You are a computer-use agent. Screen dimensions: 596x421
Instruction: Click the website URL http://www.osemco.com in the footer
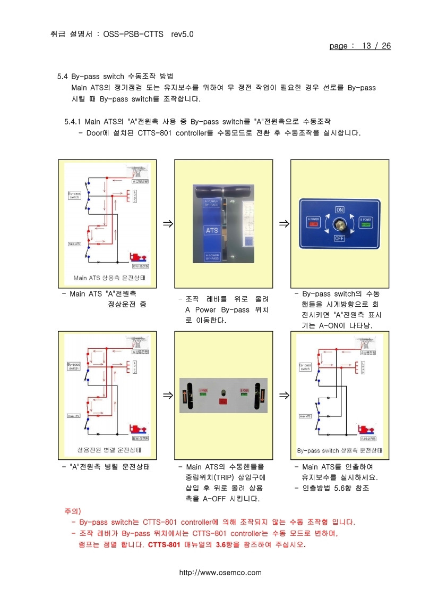coord(220,573)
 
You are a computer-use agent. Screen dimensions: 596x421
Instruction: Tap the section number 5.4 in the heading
coord(63,76)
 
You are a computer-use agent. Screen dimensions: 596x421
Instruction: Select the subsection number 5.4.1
coord(72,122)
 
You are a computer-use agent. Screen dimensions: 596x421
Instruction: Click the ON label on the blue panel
coord(340,209)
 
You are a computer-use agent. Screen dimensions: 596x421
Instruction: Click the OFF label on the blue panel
coord(340,239)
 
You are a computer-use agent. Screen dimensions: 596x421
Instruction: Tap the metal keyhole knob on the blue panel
coord(340,224)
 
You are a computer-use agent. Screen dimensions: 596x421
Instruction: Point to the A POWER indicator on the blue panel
coord(313,222)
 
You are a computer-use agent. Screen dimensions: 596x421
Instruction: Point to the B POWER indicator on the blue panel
coord(365,222)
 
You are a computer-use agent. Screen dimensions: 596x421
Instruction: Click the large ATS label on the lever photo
coord(212,231)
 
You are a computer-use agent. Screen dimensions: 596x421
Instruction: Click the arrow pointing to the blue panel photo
coord(284,223)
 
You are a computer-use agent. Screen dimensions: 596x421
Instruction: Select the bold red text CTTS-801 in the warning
coord(165,545)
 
